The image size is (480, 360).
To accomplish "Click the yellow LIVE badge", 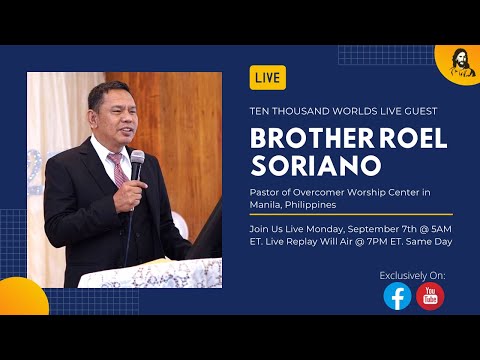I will [268, 77].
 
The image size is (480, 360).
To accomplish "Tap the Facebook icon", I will [397, 296].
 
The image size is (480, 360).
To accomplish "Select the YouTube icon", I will [430, 296].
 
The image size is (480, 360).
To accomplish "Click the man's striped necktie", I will [119, 169].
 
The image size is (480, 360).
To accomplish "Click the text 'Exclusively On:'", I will [413, 274].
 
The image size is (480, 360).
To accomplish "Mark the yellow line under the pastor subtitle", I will [351, 214].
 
